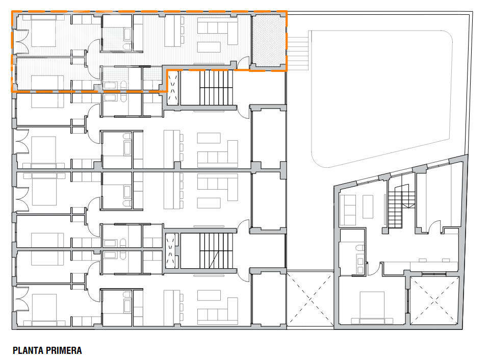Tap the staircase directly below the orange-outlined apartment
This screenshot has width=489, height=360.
click(x=215, y=88)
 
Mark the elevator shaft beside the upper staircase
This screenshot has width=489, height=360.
click(x=172, y=88)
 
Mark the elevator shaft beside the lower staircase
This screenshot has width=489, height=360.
click(x=172, y=250)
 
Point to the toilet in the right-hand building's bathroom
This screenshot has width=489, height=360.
click(x=361, y=248)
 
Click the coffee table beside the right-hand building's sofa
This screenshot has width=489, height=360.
click(x=368, y=205)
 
